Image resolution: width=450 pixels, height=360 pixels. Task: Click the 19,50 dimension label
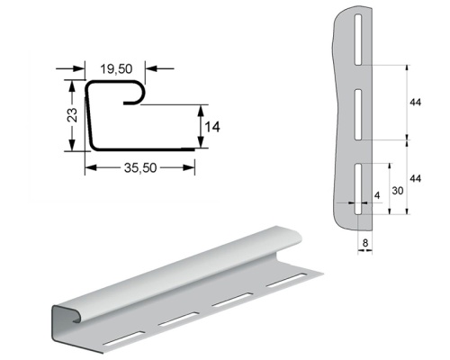pos(116,68)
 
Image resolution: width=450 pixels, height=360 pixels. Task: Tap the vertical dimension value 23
pos(72,114)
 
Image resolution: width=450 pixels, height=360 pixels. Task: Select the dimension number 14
pos(212,127)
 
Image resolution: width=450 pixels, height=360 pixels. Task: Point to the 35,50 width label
pos(140,168)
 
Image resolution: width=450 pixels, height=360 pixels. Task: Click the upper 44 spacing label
pos(415,103)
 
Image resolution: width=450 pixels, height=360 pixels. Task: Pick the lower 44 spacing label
pos(415,178)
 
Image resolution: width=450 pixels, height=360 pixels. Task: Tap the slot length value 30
pos(398,191)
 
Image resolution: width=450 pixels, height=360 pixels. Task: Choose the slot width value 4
pos(377,195)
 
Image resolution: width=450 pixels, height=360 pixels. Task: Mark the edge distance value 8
pos(365,243)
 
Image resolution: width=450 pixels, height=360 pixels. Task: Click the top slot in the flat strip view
pos(358,40)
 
